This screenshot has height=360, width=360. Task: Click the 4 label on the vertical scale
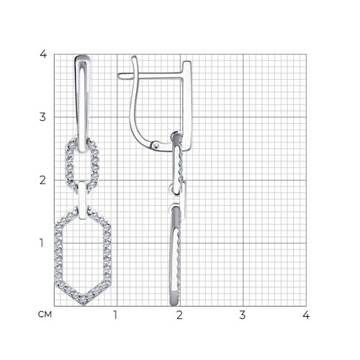[43, 54]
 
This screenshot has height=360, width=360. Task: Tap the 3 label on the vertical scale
[42, 117]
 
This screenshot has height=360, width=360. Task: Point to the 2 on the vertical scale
[42, 180]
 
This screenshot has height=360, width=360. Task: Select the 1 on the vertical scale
[42, 243]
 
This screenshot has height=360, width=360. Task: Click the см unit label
[45, 315]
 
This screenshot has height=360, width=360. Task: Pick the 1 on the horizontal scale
[115, 315]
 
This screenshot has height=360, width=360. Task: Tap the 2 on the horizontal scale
[179, 315]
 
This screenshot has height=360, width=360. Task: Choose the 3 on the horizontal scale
[243, 315]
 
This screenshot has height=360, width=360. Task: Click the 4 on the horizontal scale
[306, 315]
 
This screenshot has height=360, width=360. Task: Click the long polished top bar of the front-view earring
[83, 103]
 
